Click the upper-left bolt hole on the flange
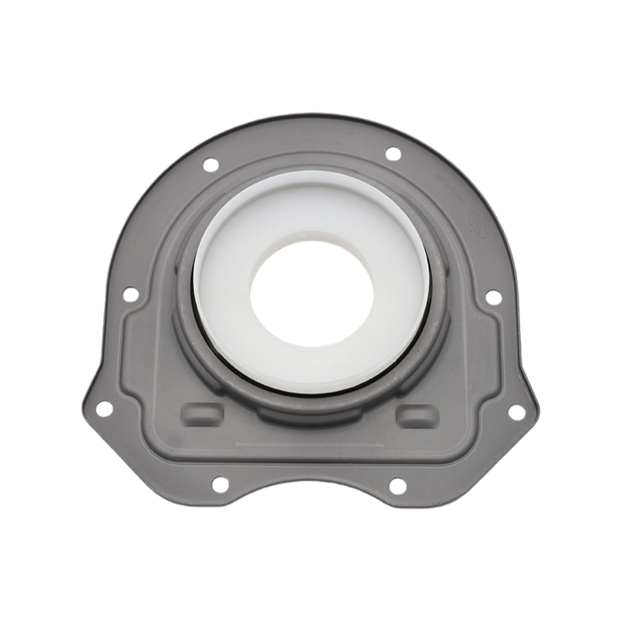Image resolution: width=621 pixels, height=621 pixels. click(x=210, y=165)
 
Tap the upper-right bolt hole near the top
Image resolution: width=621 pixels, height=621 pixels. click(x=393, y=154)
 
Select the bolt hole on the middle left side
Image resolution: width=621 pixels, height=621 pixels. click(x=130, y=294)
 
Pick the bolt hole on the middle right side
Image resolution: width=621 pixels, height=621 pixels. click(x=492, y=297)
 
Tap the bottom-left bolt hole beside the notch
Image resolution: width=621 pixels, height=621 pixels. click(x=220, y=484)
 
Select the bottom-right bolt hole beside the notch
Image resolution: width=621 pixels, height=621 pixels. click(x=397, y=487)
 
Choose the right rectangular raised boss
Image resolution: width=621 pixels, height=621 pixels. click(x=417, y=416)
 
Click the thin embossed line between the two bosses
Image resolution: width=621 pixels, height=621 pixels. click(x=310, y=445)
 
